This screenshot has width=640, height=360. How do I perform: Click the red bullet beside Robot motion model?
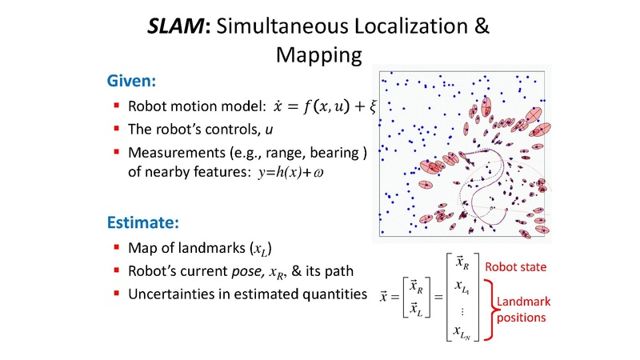click(117, 106)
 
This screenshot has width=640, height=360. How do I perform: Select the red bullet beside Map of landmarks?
click(117, 246)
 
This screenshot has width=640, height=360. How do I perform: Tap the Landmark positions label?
click(523, 310)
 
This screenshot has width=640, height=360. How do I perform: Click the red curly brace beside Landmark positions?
click(490, 310)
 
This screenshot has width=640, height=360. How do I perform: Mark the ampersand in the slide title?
click(479, 27)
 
